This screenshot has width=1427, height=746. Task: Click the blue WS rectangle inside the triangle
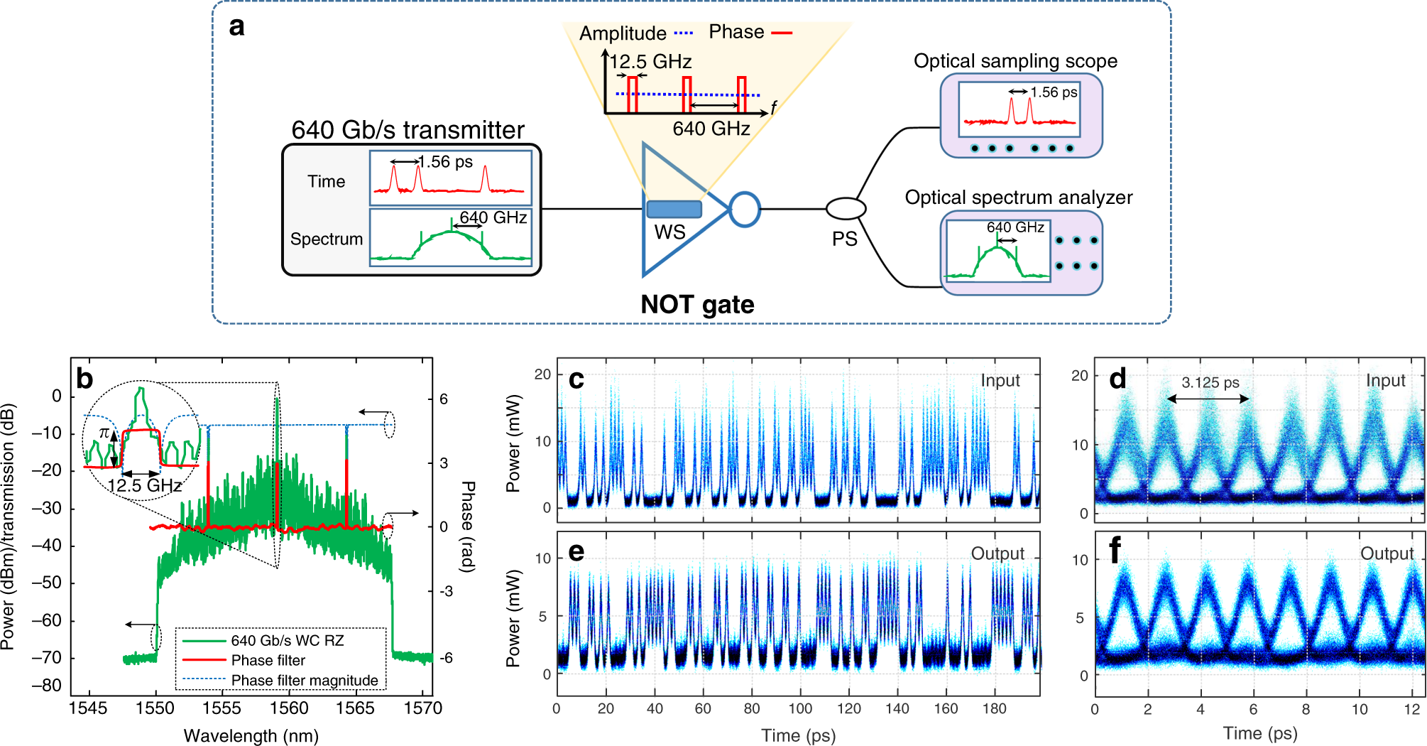(x=674, y=209)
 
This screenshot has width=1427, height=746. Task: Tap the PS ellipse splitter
(x=846, y=209)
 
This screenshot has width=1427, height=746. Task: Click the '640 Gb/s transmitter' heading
(x=408, y=130)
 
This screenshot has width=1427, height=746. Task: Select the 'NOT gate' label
(x=697, y=305)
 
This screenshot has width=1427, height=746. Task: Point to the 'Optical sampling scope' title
(x=1015, y=61)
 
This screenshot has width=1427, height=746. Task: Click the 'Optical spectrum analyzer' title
(x=1018, y=198)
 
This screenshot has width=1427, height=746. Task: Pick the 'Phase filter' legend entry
(x=268, y=660)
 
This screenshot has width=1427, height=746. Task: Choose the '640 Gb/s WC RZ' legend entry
(x=287, y=640)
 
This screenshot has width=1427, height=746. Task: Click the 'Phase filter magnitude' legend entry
(x=305, y=680)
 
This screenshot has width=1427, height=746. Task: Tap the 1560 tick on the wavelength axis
(x=289, y=708)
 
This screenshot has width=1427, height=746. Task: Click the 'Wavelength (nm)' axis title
(x=251, y=735)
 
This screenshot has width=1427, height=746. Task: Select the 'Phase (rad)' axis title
(x=468, y=526)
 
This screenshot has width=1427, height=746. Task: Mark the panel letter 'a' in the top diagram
(x=236, y=27)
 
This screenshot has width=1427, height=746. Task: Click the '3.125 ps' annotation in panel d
(x=1210, y=382)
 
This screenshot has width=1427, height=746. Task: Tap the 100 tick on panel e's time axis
(x=800, y=708)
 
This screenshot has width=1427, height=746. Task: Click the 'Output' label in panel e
(x=997, y=553)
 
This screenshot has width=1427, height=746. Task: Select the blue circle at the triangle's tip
(x=745, y=210)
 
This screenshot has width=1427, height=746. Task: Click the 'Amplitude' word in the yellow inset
(x=623, y=33)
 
